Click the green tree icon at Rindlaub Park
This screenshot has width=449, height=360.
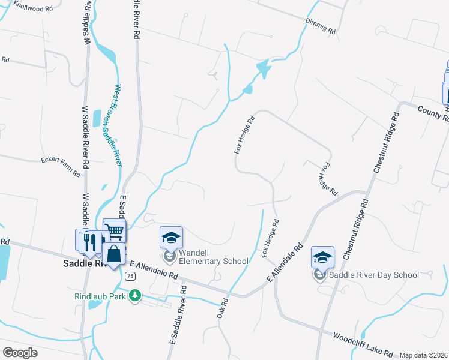pos(136,295)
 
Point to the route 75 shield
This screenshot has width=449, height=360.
pos(130,276)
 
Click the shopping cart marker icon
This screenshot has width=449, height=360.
pos(115,230)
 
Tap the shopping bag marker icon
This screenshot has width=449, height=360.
pos(113,253)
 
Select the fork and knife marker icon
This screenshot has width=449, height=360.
pos(90,241)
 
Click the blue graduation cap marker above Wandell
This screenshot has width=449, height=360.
pos(171,238)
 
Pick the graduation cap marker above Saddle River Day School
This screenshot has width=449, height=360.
pos(322,257)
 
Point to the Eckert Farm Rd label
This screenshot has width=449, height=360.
pos(60,167)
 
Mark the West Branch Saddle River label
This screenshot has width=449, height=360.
pos(113,125)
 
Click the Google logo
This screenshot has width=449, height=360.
pos(20,352)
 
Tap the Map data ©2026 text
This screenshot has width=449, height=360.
pos(423,355)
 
